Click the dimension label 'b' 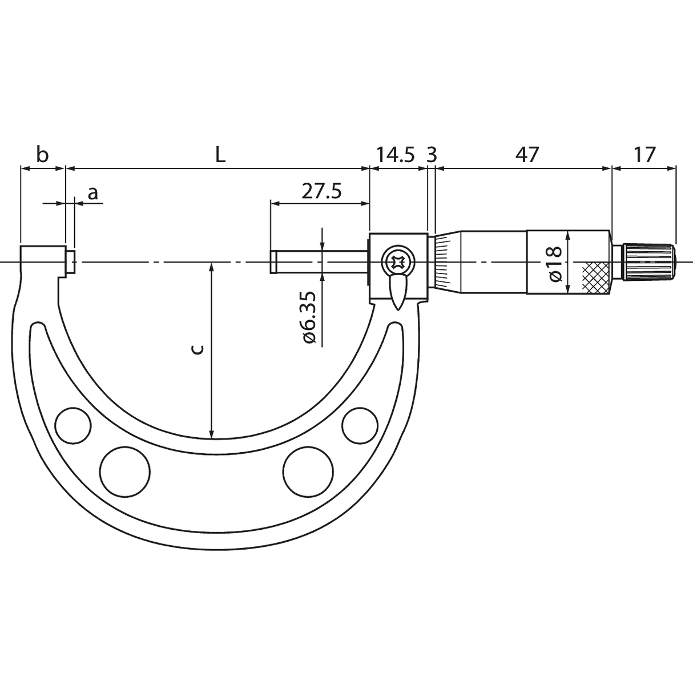click(42, 155)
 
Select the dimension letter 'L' click(220, 155)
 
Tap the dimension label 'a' click(92, 194)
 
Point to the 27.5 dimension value click(321, 191)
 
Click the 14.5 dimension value click(395, 155)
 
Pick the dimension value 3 click(432, 155)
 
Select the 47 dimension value click(526, 155)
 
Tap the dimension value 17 click(644, 155)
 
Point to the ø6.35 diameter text click(309, 317)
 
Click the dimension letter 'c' click(196, 349)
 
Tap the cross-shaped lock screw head click(397, 263)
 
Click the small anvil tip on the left click(71, 262)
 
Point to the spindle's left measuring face click(272, 262)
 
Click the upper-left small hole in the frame click(73, 425)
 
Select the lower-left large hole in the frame click(124, 470)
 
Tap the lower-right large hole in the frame click(308, 470)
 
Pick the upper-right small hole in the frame click(360, 425)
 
